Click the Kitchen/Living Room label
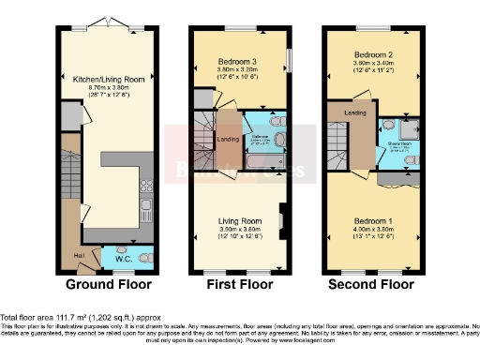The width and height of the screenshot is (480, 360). (108, 81)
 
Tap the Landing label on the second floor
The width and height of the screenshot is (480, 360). (354, 114)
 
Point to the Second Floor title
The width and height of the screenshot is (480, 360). (371, 283)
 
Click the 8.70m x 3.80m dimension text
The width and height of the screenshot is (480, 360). (108, 89)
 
